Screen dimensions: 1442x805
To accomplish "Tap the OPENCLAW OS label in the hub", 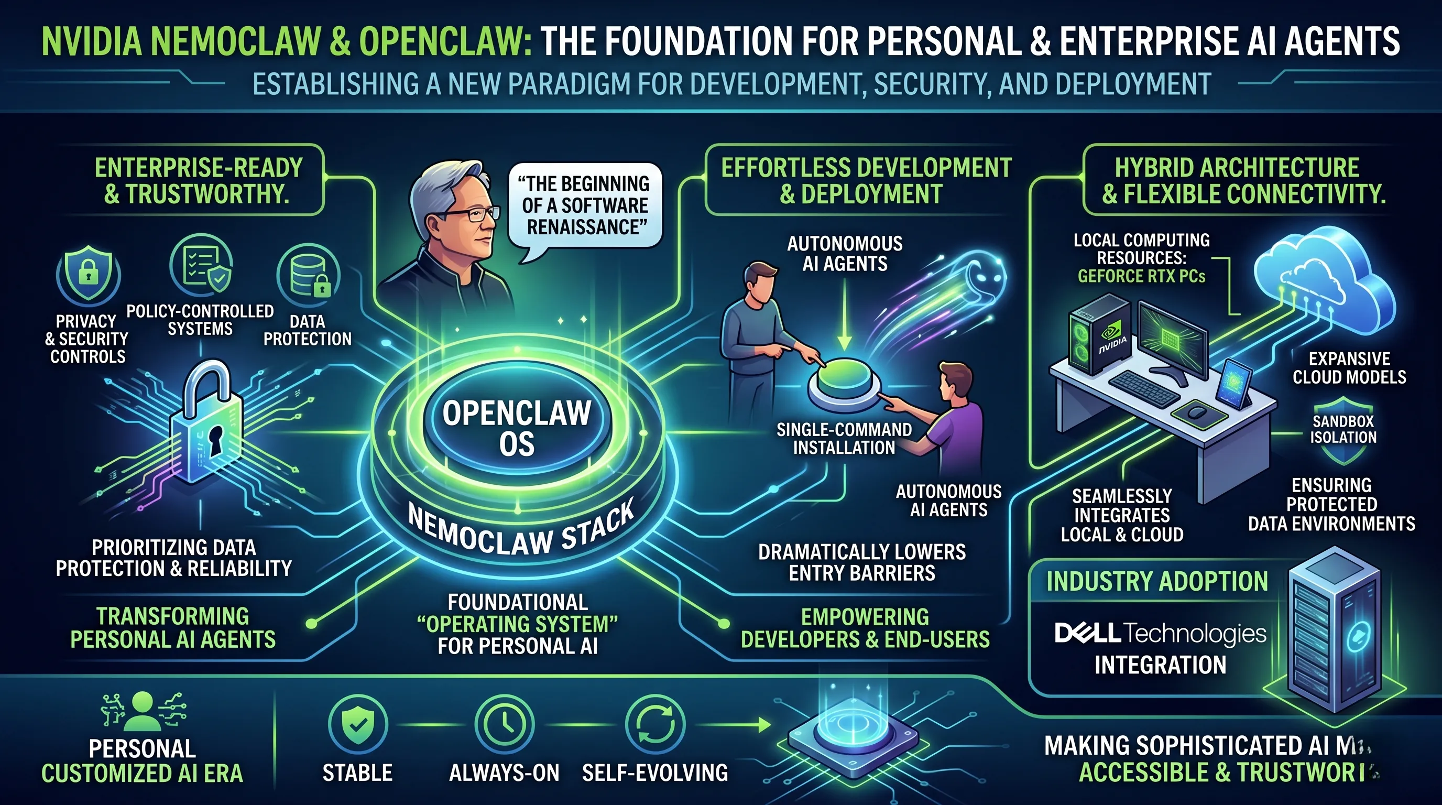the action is (x=517, y=428).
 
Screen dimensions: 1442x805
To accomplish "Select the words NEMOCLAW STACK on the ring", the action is (x=521, y=532).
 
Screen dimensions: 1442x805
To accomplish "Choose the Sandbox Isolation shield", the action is (x=1343, y=430).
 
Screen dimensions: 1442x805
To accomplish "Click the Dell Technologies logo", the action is (x=1160, y=633).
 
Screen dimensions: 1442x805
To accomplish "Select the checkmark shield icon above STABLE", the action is (x=358, y=724).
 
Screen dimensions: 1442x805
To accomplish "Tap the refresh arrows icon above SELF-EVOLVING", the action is (x=654, y=724).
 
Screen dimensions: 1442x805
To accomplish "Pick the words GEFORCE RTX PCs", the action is (x=1141, y=276).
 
